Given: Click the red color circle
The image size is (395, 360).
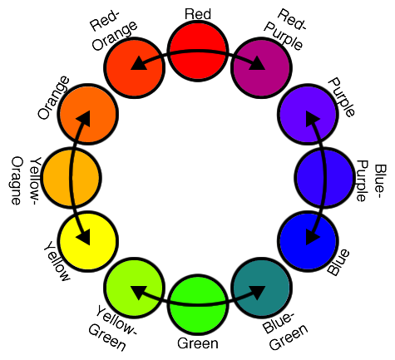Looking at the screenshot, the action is coord(198,52).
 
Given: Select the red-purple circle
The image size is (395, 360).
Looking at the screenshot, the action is coord(261,68).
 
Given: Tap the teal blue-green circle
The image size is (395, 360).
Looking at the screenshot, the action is coord(261,288).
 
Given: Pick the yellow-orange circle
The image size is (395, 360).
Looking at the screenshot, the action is coord(72,178).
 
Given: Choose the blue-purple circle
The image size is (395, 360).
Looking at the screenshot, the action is coord(324,178).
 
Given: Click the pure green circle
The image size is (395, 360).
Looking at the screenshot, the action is coord(198,304).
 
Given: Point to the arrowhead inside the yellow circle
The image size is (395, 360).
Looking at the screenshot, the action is coord(84,238).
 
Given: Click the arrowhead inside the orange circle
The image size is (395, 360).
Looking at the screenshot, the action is coord(84,119).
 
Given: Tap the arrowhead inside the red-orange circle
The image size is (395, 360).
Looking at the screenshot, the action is coord(139,63).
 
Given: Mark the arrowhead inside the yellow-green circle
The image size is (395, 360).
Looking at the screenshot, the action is coord(139,293).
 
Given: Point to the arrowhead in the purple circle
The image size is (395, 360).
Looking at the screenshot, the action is coord(312,119).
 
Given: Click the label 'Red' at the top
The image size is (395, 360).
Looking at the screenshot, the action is coord(198,14).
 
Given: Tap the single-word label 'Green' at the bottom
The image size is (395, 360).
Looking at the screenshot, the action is coord(198,343).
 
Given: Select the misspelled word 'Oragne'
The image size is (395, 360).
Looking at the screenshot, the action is coord(17,180).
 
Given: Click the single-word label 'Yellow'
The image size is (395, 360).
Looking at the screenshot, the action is coord(57,261).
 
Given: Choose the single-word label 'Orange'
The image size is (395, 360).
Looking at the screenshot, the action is coord(53,97).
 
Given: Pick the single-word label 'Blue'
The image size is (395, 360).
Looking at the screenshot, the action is coord(338,262).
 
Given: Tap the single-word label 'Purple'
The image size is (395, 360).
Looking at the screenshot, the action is coord(342,97).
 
